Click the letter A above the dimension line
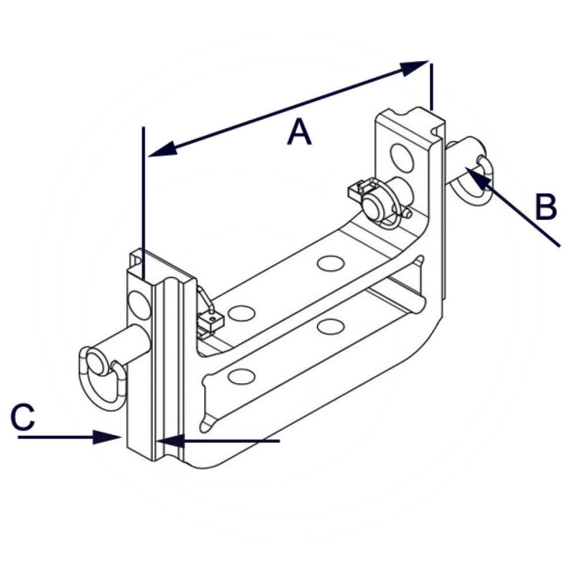299,133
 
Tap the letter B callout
546,208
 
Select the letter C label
23,417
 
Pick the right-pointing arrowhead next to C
108,436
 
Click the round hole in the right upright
401,156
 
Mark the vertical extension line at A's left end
144,201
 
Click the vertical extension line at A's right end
432,86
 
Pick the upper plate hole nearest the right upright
330,263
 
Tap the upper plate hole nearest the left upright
241,313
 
